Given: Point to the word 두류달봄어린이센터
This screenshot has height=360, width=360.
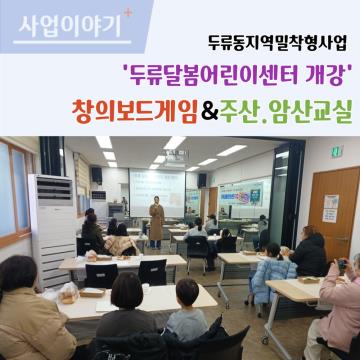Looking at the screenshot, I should (215, 73).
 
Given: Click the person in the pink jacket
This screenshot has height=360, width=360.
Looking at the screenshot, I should (340, 310).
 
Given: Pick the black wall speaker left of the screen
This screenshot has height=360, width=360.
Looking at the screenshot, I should (96, 174).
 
